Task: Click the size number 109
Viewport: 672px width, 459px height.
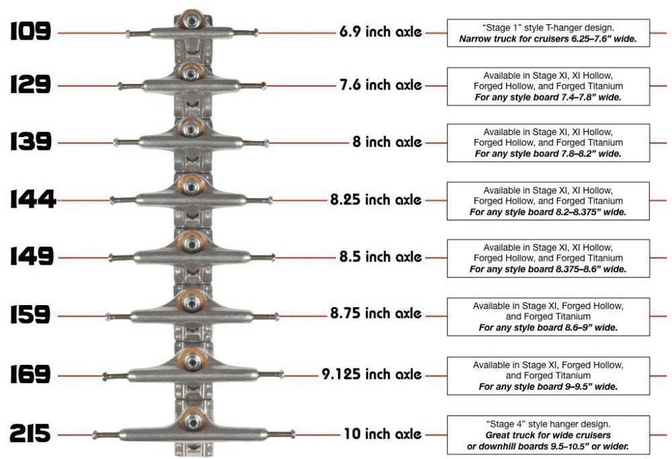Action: (x=30, y=31)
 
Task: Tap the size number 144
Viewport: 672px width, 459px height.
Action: (x=33, y=200)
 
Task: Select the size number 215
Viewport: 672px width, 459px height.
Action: (x=30, y=433)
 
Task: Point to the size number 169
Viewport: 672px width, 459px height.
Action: (x=30, y=374)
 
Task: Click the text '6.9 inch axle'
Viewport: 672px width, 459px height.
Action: (x=380, y=32)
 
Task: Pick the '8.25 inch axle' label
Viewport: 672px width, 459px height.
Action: (x=376, y=200)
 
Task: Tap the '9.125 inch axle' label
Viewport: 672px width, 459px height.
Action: (x=372, y=374)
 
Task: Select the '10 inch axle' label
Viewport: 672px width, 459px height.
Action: (x=383, y=433)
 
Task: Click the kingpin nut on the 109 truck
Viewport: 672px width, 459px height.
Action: (x=191, y=19)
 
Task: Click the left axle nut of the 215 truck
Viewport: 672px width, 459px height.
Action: (x=95, y=435)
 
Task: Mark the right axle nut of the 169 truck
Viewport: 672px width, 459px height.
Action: (x=281, y=374)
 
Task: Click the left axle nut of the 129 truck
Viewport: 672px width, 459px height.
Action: (x=120, y=86)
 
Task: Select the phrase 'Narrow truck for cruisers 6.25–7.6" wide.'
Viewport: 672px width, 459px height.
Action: (x=548, y=39)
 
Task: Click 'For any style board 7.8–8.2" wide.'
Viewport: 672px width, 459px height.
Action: (x=548, y=154)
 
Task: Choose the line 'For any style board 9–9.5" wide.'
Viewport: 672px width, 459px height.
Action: (x=548, y=386)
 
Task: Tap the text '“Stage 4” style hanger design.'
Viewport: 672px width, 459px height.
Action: (x=548, y=424)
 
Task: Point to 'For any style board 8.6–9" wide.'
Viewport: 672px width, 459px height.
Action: (x=548, y=328)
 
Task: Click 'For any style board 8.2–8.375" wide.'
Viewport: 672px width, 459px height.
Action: (x=548, y=212)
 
